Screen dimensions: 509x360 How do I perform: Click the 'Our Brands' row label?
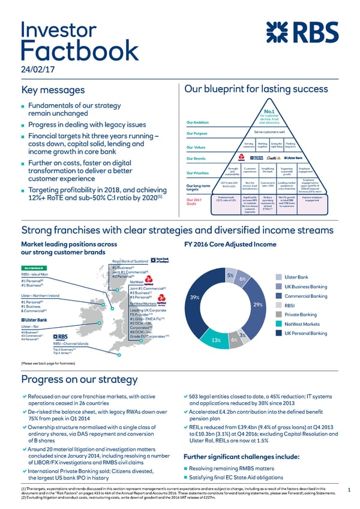tap(197, 158)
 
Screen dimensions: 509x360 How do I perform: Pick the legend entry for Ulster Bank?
tap(296, 277)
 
